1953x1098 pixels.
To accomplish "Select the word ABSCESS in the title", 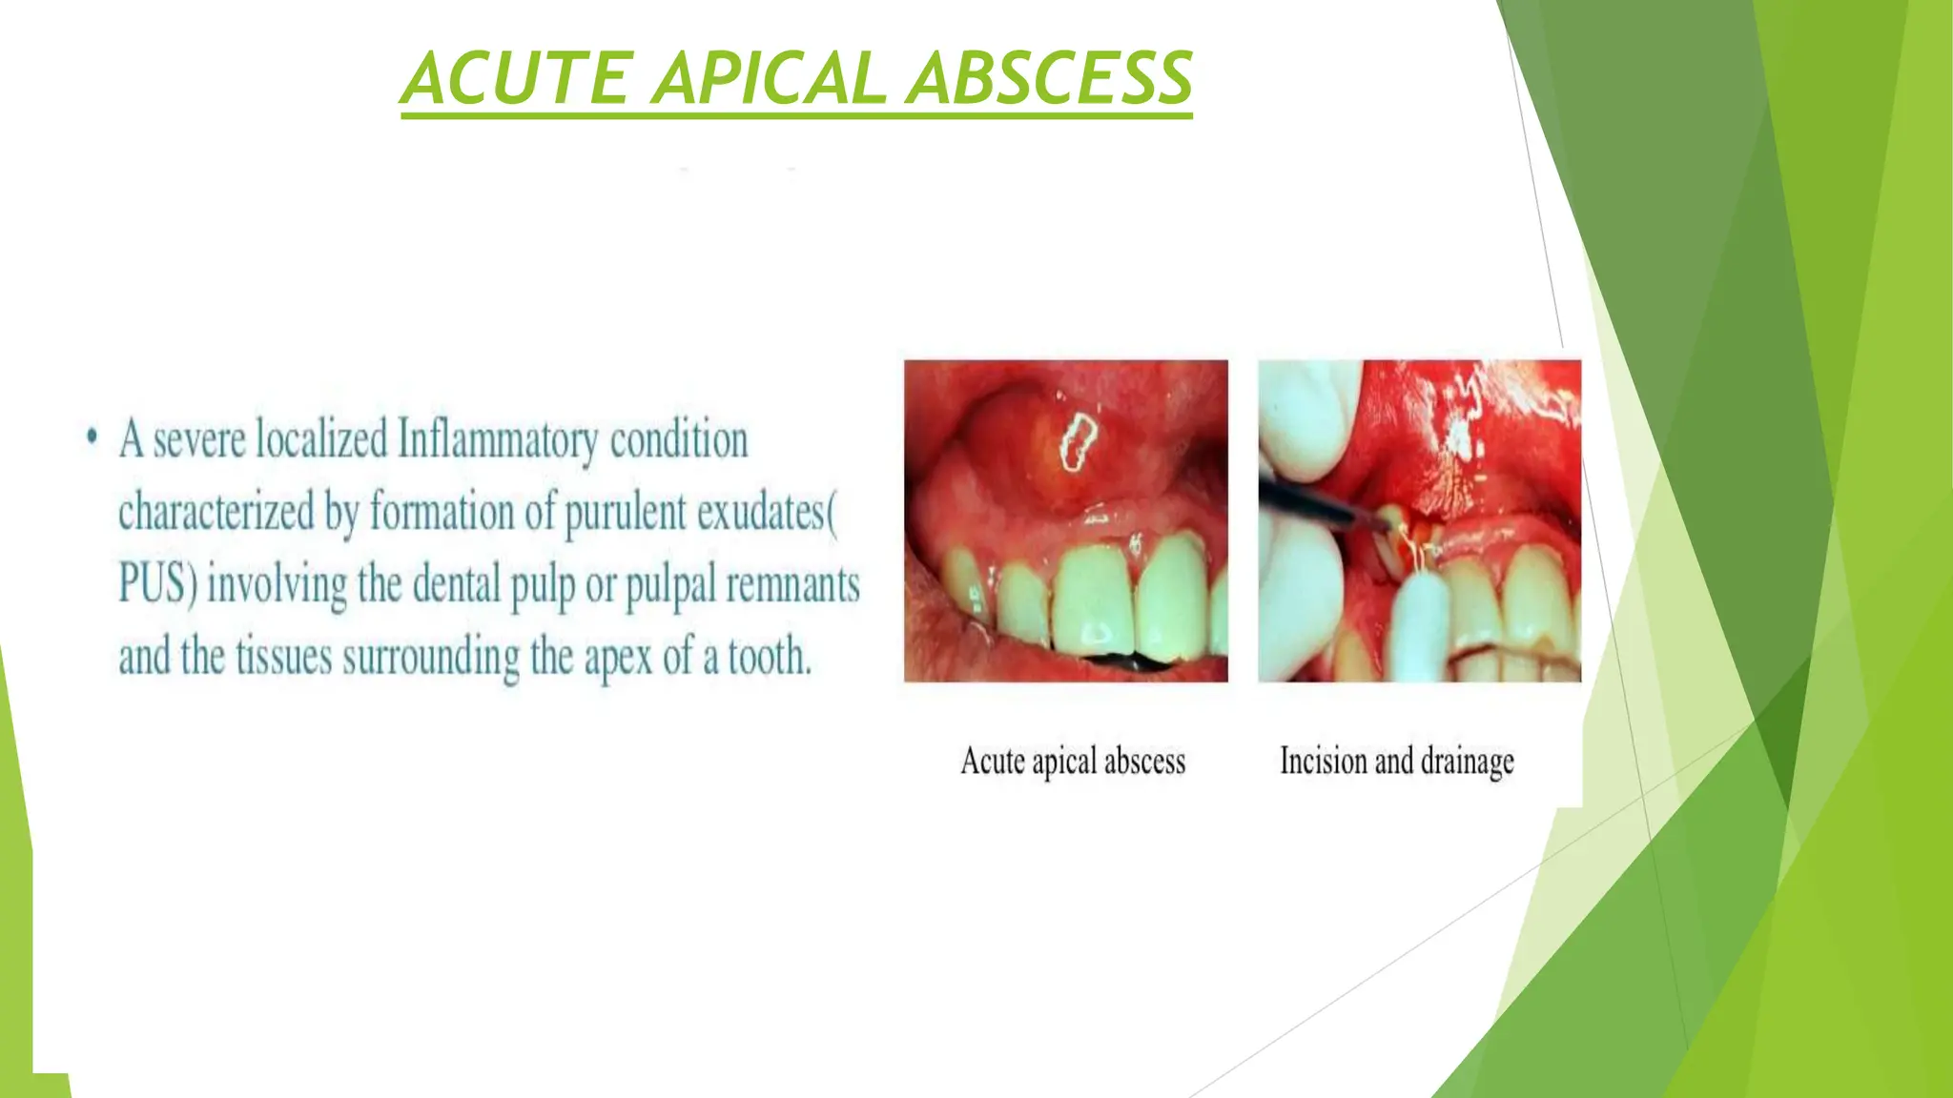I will point(1049,78).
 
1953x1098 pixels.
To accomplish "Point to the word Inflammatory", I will point(498,441).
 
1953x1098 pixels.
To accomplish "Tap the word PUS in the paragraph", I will point(153,584).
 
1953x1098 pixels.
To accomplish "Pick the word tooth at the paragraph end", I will point(769,657).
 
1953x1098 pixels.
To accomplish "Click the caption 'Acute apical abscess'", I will point(1073,762).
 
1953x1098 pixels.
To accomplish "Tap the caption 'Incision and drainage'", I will point(1396,762).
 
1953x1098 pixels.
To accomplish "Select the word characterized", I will point(216,513).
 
